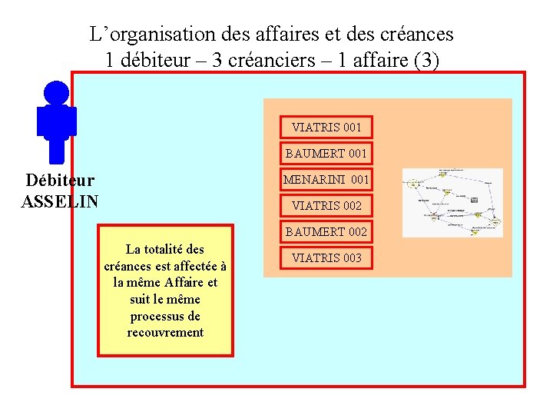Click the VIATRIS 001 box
tap(326, 127)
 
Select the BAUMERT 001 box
tap(326, 153)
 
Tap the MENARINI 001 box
tap(326, 180)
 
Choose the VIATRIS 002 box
tap(326, 206)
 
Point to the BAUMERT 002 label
tap(326, 231)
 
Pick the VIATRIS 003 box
tap(326, 257)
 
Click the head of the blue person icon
tap(56, 93)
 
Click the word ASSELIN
tap(60, 202)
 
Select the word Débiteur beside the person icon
tap(60, 181)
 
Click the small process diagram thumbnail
tap(452, 202)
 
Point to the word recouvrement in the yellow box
tap(166, 333)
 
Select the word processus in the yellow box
tap(165, 316)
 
